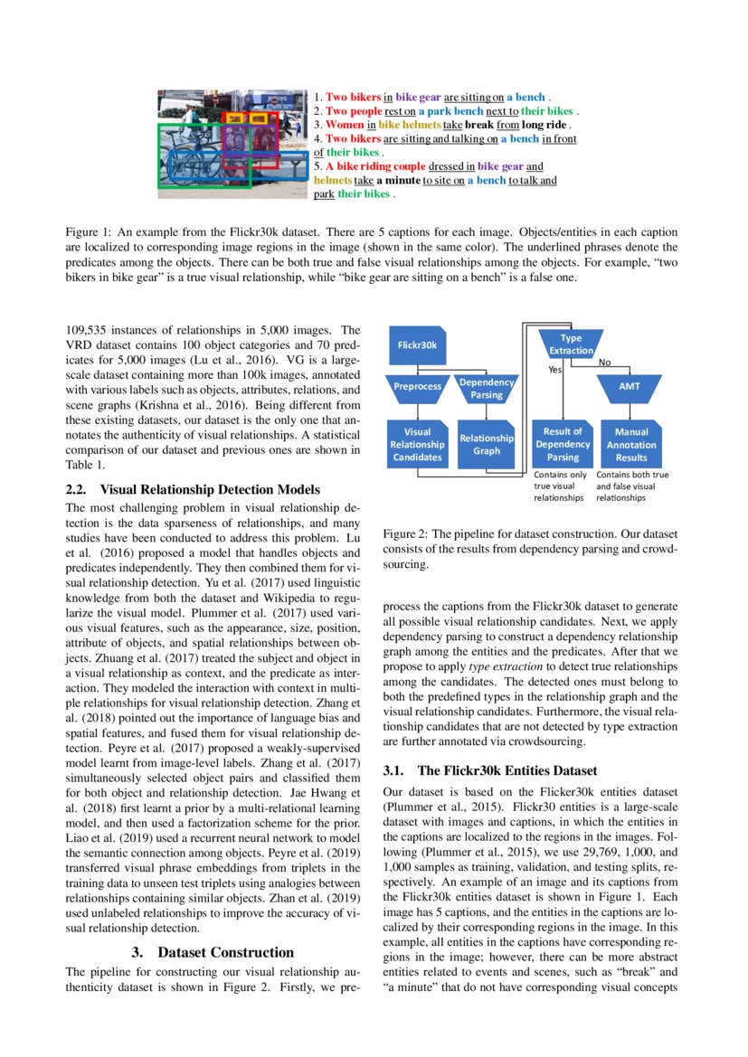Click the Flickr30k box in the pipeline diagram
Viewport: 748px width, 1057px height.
418,344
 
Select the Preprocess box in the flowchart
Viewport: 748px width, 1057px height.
417,387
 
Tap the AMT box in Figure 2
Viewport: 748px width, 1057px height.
630,386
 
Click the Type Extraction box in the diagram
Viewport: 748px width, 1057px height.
572,344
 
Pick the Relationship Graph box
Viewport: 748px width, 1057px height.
487,444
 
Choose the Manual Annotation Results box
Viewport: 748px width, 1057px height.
631,444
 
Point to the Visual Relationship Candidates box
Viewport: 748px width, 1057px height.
417,444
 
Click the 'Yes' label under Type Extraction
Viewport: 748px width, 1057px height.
556,370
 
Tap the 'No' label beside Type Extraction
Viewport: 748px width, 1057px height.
604,363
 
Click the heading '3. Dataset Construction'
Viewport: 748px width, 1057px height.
213,952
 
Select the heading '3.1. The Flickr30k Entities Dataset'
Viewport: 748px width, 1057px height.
489,770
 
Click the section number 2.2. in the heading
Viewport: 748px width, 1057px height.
80,490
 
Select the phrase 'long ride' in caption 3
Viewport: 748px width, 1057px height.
545,124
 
